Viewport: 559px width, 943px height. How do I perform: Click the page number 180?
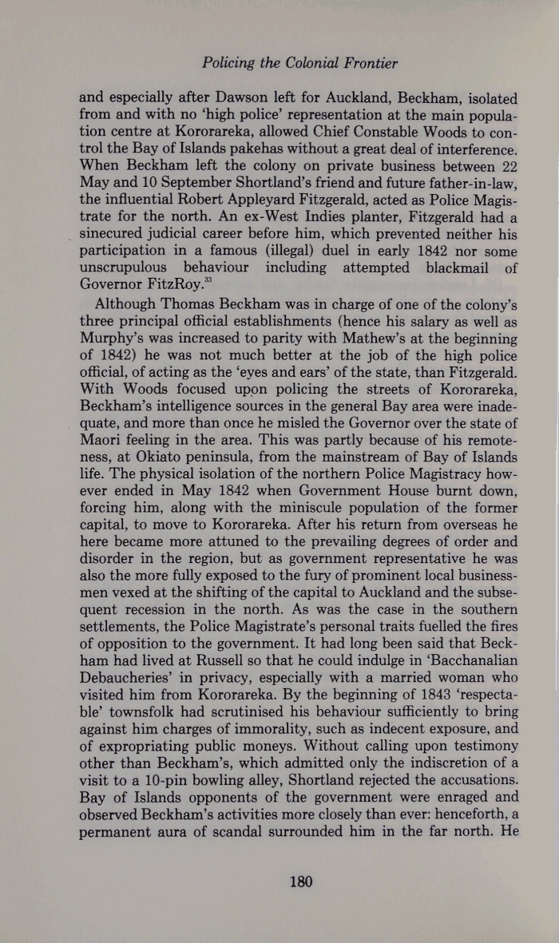pyautogui.click(x=300, y=882)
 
